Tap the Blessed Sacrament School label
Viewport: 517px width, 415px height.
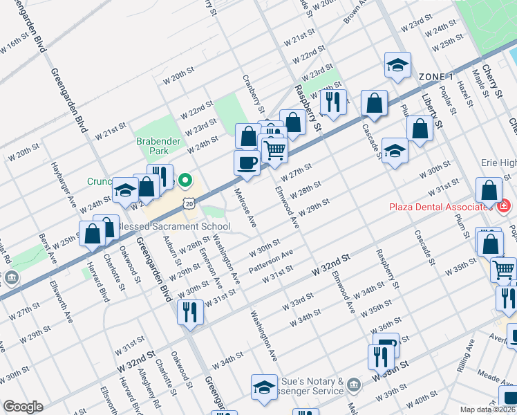pos(173,227)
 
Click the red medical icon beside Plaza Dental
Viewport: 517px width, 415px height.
pos(504,205)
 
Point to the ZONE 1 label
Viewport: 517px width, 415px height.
pos(435,76)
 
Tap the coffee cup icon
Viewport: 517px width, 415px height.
pos(247,163)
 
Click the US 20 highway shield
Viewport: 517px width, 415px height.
pos(189,201)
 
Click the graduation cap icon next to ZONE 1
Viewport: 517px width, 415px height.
pos(397,65)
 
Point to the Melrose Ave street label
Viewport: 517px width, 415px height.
pos(245,207)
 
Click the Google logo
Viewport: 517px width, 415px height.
pos(23,407)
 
